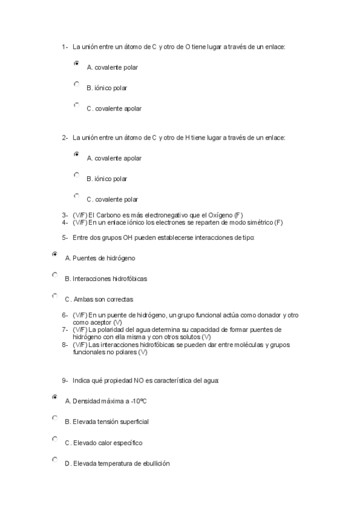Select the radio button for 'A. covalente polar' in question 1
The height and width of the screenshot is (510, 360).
coord(76,63)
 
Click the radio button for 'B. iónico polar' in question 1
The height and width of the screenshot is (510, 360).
coord(76,84)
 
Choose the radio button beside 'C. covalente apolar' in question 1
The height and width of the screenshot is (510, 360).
coord(76,105)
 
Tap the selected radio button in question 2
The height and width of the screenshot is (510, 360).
coord(76,154)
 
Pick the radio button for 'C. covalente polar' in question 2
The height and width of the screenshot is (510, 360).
coord(76,195)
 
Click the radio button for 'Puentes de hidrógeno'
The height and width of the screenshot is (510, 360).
coord(55,254)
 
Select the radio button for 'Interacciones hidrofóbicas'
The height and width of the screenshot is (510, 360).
coord(55,275)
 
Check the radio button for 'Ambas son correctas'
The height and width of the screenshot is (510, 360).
coord(55,296)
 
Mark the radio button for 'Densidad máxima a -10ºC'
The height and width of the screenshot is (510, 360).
coord(55,397)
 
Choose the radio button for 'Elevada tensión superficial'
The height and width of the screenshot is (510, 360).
coord(55,418)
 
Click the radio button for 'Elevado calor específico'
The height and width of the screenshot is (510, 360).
coord(55,439)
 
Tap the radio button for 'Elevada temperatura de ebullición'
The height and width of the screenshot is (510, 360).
coord(55,459)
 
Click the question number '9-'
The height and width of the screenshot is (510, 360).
coord(65,381)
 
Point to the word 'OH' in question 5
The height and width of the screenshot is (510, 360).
coord(127,238)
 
